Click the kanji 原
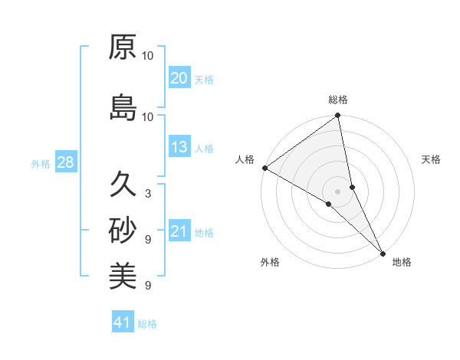point(123,47)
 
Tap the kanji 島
point(123,108)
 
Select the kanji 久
point(123,185)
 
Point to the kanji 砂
point(123,230)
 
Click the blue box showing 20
point(179,77)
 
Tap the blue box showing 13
point(179,147)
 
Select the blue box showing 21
point(179,231)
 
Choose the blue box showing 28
point(64,163)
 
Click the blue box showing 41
point(123,322)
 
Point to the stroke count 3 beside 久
point(147,194)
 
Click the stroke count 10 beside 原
point(148,56)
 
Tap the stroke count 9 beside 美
point(147,286)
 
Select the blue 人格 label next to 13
point(204,148)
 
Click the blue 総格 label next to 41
point(147,324)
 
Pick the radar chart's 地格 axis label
point(402,262)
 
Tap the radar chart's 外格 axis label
point(270,262)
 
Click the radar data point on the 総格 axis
point(337,116)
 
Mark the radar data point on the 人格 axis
point(264,168)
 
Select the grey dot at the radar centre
point(337,191)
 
